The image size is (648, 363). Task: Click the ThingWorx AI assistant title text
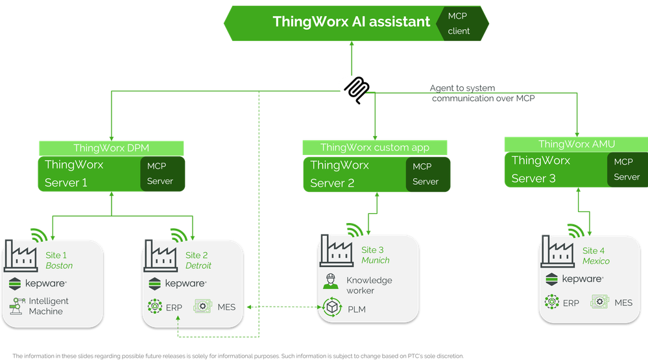[x=351, y=21]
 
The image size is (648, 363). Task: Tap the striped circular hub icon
[x=352, y=85]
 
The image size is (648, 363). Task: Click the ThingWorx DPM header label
[x=112, y=148]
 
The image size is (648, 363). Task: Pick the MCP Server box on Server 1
[x=160, y=173]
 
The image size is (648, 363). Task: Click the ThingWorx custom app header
[x=374, y=148]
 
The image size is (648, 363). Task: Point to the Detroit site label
[x=198, y=265]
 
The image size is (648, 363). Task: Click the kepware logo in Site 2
[x=178, y=283]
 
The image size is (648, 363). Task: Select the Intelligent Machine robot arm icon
[x=17, y=306]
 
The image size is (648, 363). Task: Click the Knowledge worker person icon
[x=331, y=283]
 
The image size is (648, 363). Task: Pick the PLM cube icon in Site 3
[x=332, y=309]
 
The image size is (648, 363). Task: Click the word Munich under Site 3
[x=376, y=260]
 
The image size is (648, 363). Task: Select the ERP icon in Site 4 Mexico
[x=551, y=302]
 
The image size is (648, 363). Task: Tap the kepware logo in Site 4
[x=575, y=279]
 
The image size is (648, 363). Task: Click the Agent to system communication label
[x=483, y=93]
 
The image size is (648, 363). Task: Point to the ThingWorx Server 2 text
[x=339, y=174]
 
